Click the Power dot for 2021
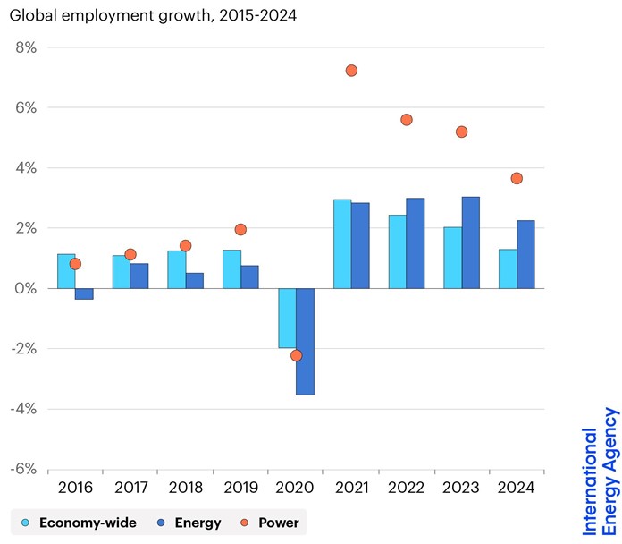(x=351, y=71)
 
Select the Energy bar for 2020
(x=305, y=341)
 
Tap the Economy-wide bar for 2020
(x=287, y=318)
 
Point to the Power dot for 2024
(x=517, y=178)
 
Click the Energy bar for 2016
(x=84, y=293)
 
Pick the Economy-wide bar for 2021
(x=342, y=243)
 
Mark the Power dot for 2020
(x=296, y=355)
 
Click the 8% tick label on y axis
(x=25, y=47)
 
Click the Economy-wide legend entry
(x=78, y=523)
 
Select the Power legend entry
(x=270, y=523)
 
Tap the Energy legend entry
(x=189, y=523)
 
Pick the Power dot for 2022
(x=407, y=119)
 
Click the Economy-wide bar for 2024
(x=508, y=268)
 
